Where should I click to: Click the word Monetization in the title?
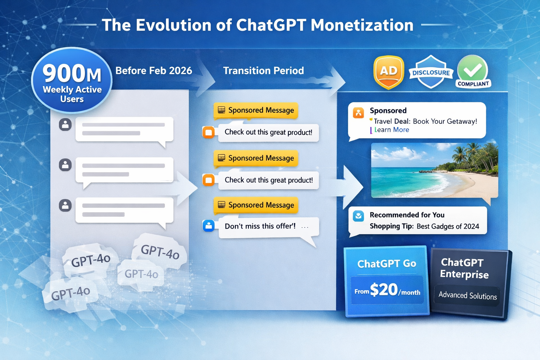tap(362, 25)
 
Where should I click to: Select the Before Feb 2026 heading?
tap(154, 71)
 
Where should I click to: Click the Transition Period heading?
tap(263, 71)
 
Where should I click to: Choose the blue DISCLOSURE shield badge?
tap(431, 72)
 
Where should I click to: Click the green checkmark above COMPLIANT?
tap(472, 70)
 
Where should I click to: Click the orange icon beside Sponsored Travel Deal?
tap(358, 113)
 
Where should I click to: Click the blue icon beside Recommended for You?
tap(358, 216)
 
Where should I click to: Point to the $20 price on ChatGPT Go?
tap(384, 290)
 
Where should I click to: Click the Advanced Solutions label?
tap(468, 295)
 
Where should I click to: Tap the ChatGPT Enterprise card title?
tap(464, 268)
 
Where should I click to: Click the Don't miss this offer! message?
tap(260, 226)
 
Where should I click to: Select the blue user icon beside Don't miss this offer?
tap(208, 226)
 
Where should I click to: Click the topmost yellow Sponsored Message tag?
tap(256, 110)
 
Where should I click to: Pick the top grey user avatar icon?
tap(65, 124)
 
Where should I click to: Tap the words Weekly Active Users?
tap(72, 94)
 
